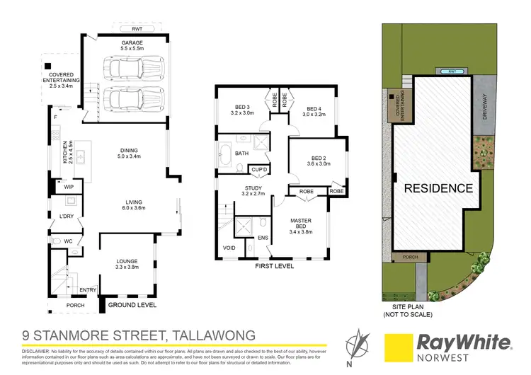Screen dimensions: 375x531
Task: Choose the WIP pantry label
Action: (69, 187)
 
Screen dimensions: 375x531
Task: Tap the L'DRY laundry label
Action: (67, 215)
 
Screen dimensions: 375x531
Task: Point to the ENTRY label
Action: (88, 289)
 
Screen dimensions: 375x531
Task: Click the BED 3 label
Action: (241, 108)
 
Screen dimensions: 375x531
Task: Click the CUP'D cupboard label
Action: (258, 170)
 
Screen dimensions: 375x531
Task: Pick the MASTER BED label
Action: (301, 223)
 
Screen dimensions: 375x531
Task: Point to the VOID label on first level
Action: (229, 248)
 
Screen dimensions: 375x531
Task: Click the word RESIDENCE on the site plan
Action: (438, 188)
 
